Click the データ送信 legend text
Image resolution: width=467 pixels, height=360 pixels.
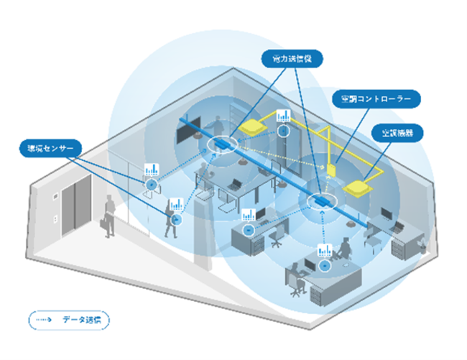83,319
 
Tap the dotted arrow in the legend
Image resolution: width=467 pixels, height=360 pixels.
45,319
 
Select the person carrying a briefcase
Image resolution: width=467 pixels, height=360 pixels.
108,214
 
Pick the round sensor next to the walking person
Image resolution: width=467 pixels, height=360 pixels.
176,218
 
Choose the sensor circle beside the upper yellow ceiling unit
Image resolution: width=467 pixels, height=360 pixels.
284,131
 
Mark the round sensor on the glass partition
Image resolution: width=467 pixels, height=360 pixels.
152,185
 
